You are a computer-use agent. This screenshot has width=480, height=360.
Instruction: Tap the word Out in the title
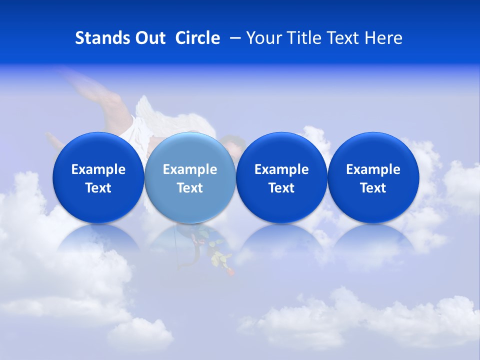(149, 38)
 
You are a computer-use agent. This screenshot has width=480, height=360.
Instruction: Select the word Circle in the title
(197, 38)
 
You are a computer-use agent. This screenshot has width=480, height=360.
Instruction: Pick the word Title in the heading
(305, 38)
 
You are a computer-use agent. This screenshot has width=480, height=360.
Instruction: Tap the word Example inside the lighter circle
(190, 169)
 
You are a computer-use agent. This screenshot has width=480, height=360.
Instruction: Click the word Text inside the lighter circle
(190, 188)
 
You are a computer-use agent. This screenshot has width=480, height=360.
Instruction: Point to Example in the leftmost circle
(98, 169)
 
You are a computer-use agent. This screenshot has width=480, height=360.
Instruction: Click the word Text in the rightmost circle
(373, 188)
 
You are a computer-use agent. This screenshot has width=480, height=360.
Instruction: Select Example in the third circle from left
(281, 169)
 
